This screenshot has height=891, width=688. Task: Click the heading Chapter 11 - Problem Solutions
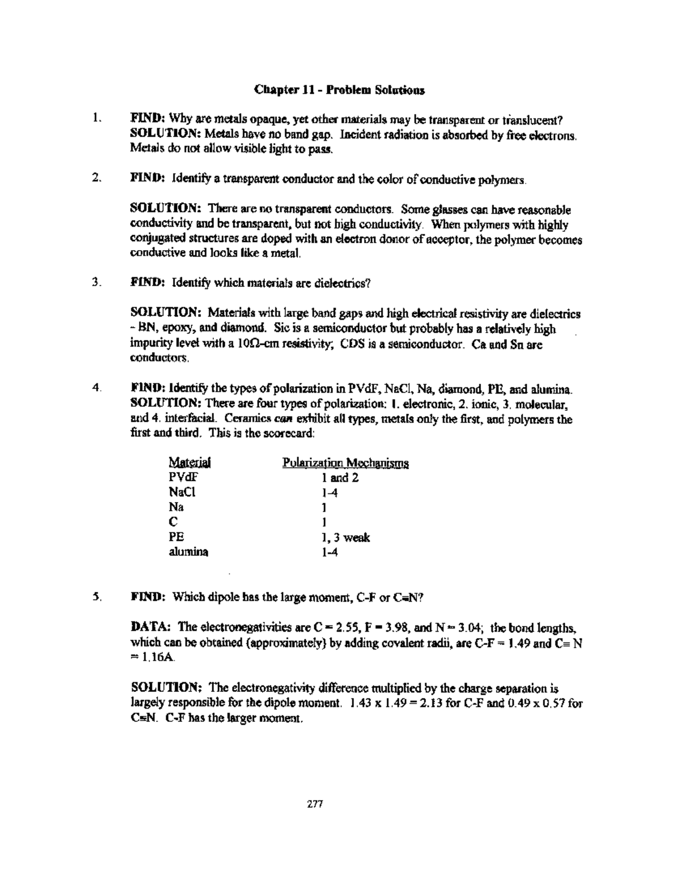(x=339, y=91)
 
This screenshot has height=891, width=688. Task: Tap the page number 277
(x=316, y=804)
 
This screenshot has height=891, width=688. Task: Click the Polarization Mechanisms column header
(x=345, y=463)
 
